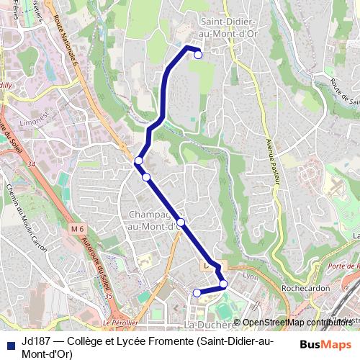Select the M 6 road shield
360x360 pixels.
(77, 228)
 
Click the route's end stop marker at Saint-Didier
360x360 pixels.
(198, 55)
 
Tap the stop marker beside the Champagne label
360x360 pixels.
(181, 222)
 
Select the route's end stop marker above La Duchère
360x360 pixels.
(197, 292)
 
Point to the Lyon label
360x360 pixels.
(251, 276)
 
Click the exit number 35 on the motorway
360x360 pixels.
(108, 295)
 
